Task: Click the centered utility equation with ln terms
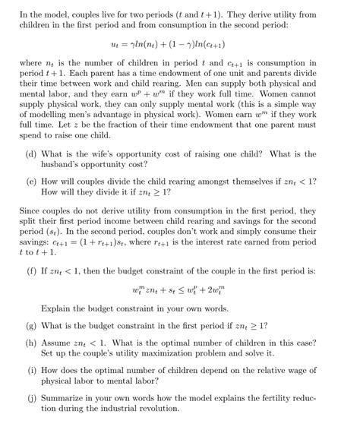[180, 46]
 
